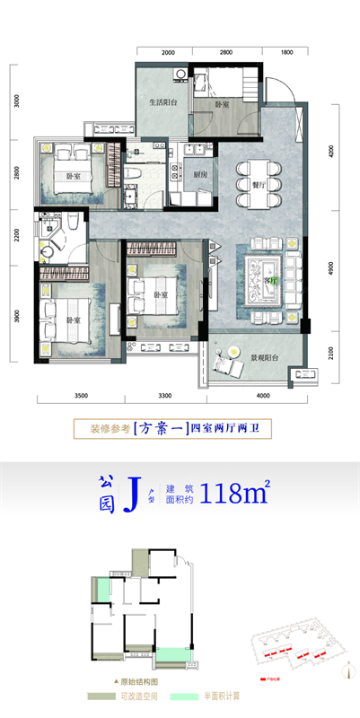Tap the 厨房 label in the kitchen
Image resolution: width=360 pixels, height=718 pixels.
click(200, 175)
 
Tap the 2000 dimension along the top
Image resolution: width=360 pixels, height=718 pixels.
click(170, 53)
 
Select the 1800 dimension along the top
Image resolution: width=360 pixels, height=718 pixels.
click(287, 53)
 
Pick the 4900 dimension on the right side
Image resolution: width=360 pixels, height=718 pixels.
click(330, 268)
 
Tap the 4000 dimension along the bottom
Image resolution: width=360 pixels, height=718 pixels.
click(263, 395)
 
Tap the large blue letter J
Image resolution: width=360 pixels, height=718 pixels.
click(132, 492)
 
